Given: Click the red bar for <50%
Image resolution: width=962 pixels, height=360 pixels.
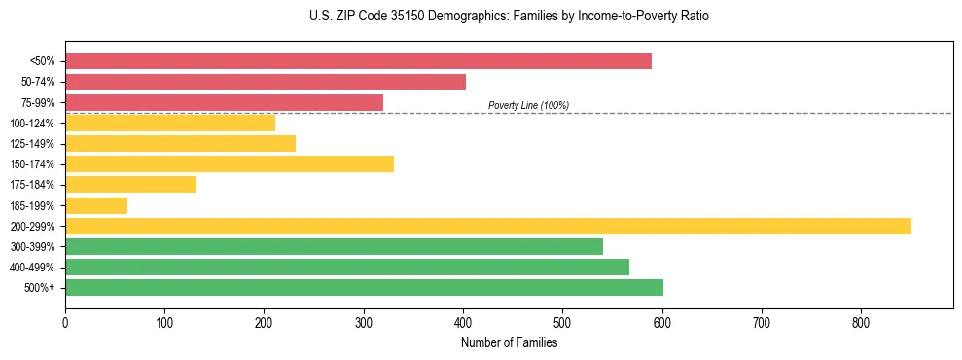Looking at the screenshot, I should pos(358,60).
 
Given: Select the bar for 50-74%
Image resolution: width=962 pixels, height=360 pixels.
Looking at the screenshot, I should pos(266,82).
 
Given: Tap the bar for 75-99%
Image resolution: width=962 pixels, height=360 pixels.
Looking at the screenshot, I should pos(224,102).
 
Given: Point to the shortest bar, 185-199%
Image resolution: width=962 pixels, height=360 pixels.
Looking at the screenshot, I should pos(96,205).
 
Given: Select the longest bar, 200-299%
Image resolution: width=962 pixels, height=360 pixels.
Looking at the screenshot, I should pos(488,226).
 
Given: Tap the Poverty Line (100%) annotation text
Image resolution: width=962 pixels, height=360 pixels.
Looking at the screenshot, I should pos(528,105).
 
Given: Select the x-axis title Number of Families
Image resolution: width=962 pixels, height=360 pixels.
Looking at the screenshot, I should pos(509,342).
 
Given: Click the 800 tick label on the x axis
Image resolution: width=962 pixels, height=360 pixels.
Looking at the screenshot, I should pos(861,322).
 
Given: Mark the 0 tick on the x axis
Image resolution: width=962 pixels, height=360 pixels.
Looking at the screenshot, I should pos(65,322).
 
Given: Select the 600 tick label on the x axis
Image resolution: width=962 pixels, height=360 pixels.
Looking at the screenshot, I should pos(662,322).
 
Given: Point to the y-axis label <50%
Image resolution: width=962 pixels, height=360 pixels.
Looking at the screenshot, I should pos(42,61).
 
